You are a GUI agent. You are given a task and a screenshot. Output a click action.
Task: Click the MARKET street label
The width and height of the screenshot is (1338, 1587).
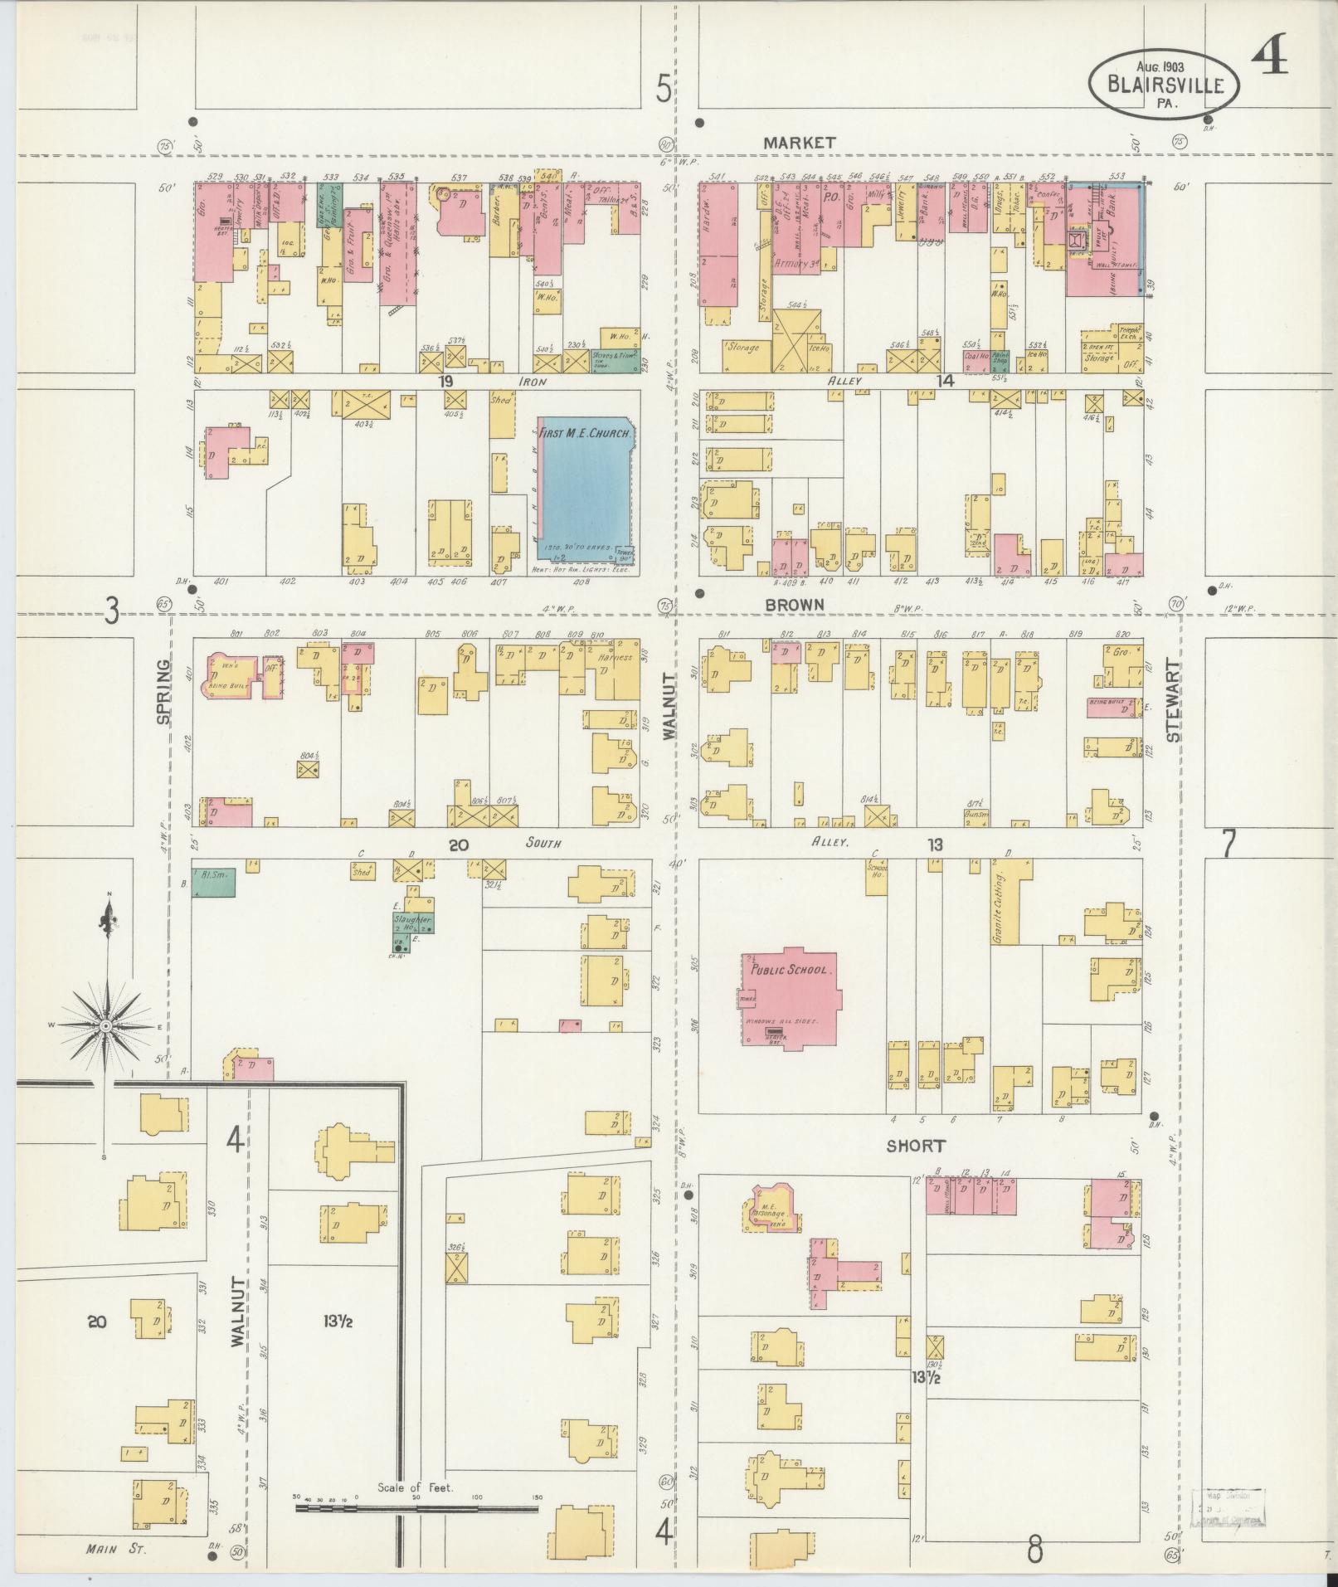click(799, 143)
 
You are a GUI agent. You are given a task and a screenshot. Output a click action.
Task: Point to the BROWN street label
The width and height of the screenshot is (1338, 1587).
click(794, 605)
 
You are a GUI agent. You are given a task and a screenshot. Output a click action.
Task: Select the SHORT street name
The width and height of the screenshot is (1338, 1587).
click(915, 1146)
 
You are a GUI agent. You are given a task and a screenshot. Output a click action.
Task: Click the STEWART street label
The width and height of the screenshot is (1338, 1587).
click(1172, 700)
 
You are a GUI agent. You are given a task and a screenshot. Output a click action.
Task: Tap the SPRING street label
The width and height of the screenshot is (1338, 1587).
click(163, 691)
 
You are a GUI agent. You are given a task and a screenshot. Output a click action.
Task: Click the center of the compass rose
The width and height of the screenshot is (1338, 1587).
click(106, 1027)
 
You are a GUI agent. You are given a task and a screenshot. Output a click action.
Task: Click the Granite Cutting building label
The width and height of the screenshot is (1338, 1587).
click(999, 907)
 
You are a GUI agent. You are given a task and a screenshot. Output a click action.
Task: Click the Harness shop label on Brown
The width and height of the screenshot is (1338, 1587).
click(615, 657)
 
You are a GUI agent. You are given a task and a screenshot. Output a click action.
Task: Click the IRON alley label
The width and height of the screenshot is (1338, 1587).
click(532, 382)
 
